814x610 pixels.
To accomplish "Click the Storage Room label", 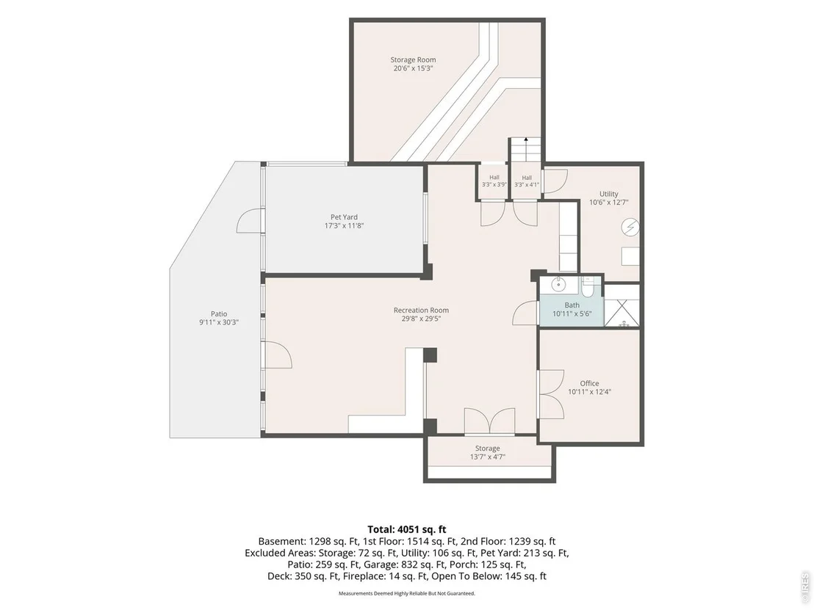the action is click(x=413, y=59).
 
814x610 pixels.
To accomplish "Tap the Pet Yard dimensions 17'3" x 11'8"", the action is click(x=344, y=225).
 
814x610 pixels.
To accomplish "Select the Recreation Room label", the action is click(x=421, y=311).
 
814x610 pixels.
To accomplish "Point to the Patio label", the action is click(x=219, y=314).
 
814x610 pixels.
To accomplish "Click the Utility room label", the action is click(x=609, y=194).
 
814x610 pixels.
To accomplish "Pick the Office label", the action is click(x=589, y=383).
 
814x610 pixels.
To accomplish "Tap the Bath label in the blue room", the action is click(x=572, y=305).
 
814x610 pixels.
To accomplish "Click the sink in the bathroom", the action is click(x=558, y=285).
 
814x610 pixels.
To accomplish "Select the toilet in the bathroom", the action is click(x=588, y=287).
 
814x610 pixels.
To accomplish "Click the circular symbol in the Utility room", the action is click(x=630, y=228).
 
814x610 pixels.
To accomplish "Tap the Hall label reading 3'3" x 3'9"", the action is click(x=494, y=181).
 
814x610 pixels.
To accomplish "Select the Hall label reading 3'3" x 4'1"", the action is click(x=527, y=181).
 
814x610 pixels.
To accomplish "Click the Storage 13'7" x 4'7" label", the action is click(x=488, y=452).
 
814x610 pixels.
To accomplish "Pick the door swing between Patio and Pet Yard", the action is click(x=251, y=220).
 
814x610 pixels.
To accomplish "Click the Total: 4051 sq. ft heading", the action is click(x=406, y=529).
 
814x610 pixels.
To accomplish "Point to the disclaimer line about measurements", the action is click(x=406, y=593).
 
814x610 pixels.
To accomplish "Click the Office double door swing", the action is click(x=552, y=394).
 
